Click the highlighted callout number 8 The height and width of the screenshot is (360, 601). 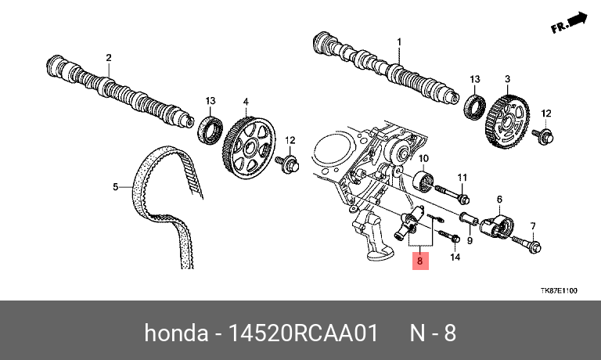pos(420,261)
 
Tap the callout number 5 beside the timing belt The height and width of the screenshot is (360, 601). pos(116,187)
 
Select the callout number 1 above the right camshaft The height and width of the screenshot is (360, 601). pos(399,41)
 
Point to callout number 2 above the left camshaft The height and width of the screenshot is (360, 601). pos(109,58)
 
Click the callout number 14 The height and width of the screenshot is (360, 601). pos(455,257)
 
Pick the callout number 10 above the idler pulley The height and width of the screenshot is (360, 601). pos(423,158)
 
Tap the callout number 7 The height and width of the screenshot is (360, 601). pos(533,226)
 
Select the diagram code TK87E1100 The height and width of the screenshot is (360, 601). pos(559,290)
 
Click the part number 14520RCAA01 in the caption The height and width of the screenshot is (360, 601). pos(304,333)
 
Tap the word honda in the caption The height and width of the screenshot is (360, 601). pos(176,333)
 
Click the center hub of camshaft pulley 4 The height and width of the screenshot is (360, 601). pos(251,147)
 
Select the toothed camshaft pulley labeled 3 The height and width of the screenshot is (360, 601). pos(508,122)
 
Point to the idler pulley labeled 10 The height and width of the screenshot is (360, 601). pos(424,182)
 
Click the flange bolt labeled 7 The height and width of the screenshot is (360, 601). pos(526,243)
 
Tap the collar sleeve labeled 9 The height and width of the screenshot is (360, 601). pos(469,219)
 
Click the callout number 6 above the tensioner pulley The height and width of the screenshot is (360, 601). pos(499,200)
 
